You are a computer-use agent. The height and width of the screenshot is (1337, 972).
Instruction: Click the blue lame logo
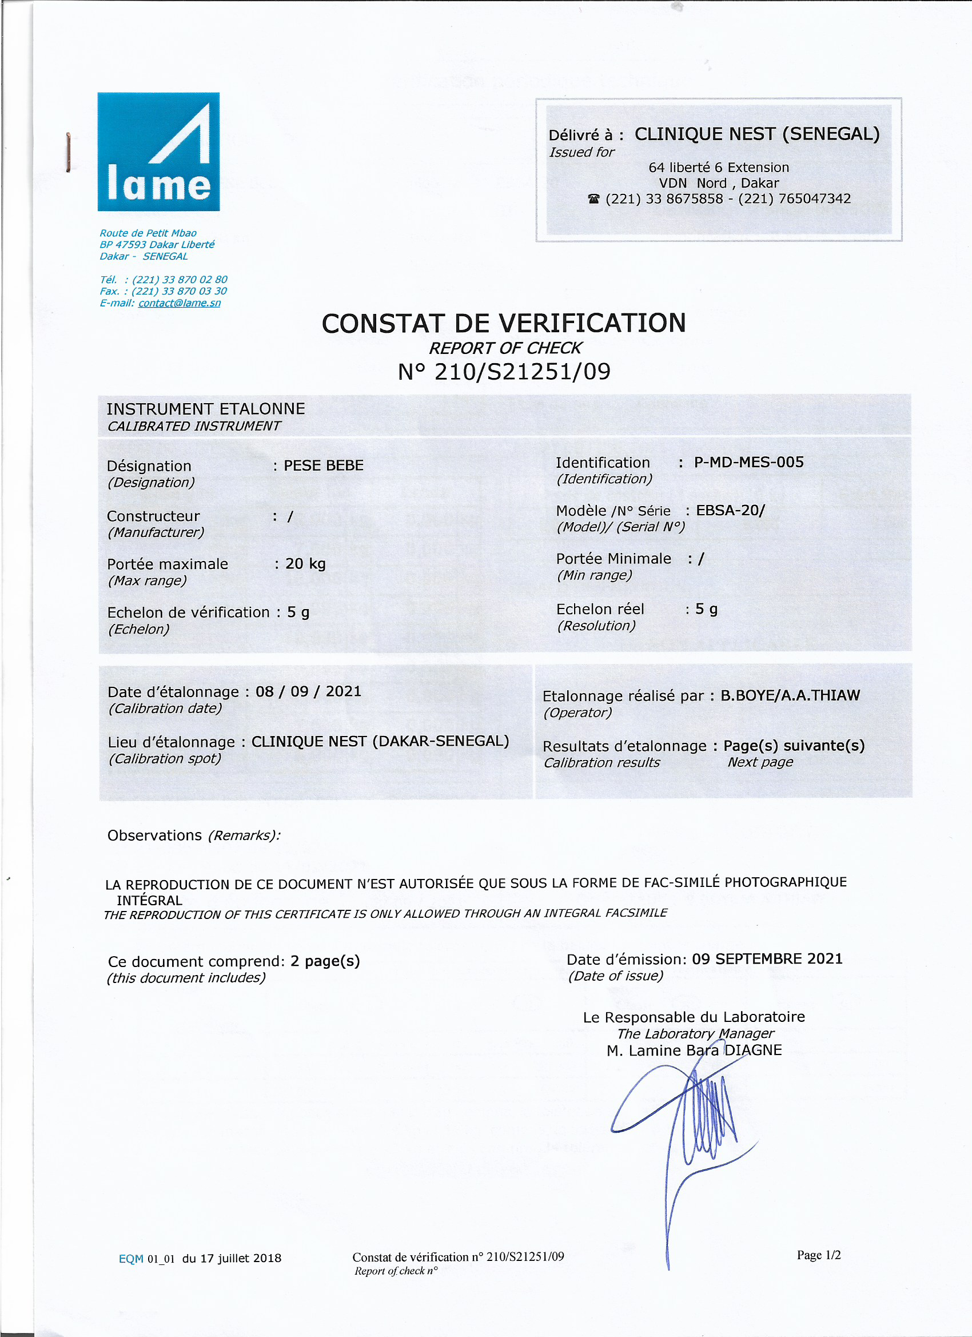pos(158,152)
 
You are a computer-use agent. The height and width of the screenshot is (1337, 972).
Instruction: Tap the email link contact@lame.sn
pos(179,303)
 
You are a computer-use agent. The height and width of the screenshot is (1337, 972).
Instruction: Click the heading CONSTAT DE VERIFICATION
pos(503,324)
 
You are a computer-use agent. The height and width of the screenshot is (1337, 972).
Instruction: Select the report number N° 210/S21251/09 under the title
pos(504,372)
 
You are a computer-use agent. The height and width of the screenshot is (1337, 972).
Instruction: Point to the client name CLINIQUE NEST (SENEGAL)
pos(757,134)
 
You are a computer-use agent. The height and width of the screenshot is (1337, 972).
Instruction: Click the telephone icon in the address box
pos(593,199)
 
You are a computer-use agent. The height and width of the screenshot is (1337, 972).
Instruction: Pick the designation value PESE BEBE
pos(324,465)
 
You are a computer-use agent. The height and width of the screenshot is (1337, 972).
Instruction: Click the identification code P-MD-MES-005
pos(748,462)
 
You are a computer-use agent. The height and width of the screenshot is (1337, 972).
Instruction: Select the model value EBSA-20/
pos(730,511)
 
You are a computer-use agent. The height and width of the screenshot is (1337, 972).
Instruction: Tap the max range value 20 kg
pos(305,564)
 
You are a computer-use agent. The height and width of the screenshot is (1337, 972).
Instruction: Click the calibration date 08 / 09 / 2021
pos(308,691)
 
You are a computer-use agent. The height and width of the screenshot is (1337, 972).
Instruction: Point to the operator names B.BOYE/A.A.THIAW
pos(790,695)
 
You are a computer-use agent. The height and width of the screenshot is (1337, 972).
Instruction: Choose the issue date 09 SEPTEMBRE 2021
pos(767,959)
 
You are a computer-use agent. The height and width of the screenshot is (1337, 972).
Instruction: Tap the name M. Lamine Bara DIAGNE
pos(694,1050)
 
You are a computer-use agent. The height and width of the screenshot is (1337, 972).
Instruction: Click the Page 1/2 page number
pos(819,1255)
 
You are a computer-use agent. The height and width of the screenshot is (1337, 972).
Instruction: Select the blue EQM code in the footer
pos(131,1259)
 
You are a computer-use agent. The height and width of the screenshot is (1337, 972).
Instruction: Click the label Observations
pos(154,836)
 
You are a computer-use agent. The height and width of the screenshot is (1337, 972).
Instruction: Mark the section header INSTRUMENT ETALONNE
pos(206,409)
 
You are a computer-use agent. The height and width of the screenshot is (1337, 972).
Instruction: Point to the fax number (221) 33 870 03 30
pos(179,291)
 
